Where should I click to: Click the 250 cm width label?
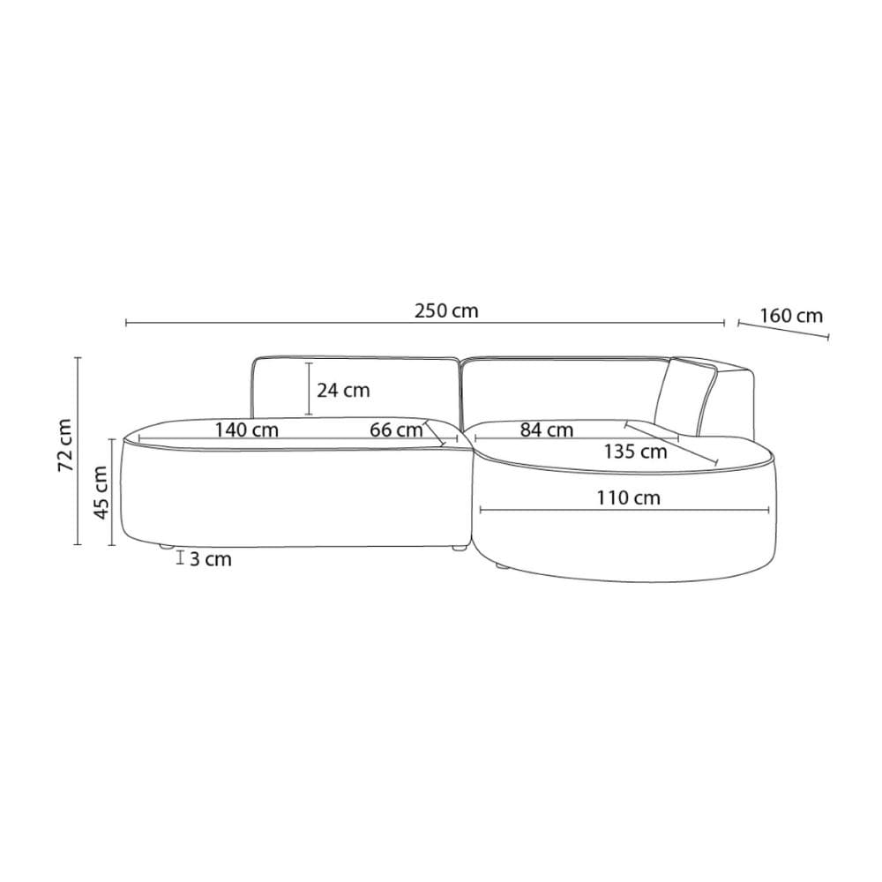tap(446, 310)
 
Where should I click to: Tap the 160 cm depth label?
tap(791, 316)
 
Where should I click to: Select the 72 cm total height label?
tap(66, 445)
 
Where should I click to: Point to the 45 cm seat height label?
tap(101, 492)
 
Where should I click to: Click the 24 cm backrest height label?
tap(343, 390)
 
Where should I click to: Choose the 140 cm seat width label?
tap(246, 430)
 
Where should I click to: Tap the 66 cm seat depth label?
tap(396, 430)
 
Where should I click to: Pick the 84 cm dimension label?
tap(546, 430)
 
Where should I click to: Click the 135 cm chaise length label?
tap(636, 451)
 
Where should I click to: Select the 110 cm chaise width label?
tap(628, 497)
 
